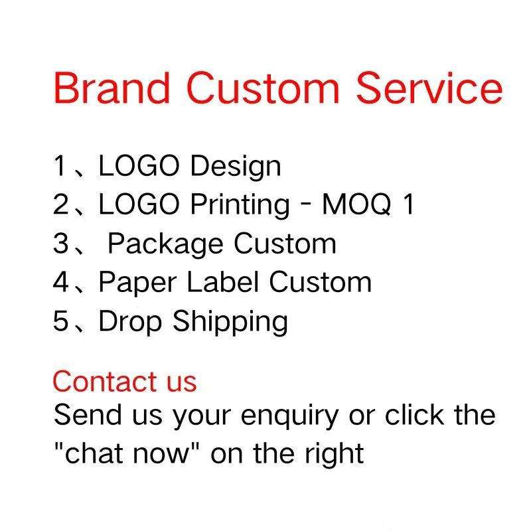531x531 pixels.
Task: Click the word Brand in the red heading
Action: tap(112, 88)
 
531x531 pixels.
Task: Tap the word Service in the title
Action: tap(429, 88)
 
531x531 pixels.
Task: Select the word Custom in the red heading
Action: tap(263, 88)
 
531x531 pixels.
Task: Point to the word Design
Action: tap(236, 167)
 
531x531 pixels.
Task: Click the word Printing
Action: tap(240, 205)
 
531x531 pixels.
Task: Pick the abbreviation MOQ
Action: tap(356, 204)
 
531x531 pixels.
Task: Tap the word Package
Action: tap(165, 244)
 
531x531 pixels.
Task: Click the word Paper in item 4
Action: tap(137, 283)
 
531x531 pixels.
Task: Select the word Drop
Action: tap(130, 322)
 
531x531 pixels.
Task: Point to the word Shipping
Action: tap(230, 322)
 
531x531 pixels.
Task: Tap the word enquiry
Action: tap(289, 417)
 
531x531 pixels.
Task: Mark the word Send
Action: tap(88, 414)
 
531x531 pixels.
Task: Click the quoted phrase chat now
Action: tap(127, 453)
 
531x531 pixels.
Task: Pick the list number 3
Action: tap(61, 243)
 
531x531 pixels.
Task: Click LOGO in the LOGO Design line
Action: tap(139, 166)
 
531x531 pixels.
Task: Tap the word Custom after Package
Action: tap(285, 243)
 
